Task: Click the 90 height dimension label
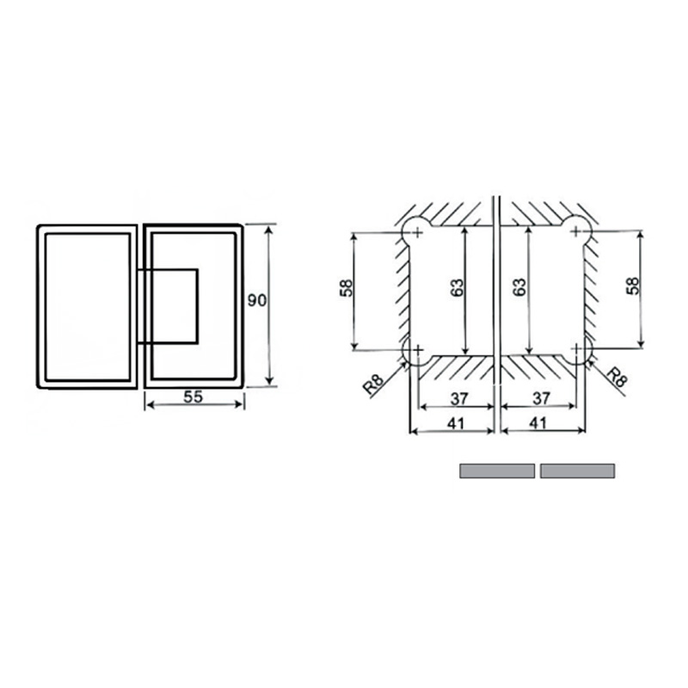[x=255, y=301]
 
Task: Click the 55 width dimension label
[x=194, y=397]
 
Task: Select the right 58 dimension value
[x=634, y=288]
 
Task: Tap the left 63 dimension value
[x=457, y=288]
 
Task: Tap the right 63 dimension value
[x=519, y=288]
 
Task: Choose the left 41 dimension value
[x=456, y=422]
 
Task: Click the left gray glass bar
[x=497, y=470]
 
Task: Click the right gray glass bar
[x=577, y=470]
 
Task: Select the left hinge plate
[x=87, y=306]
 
